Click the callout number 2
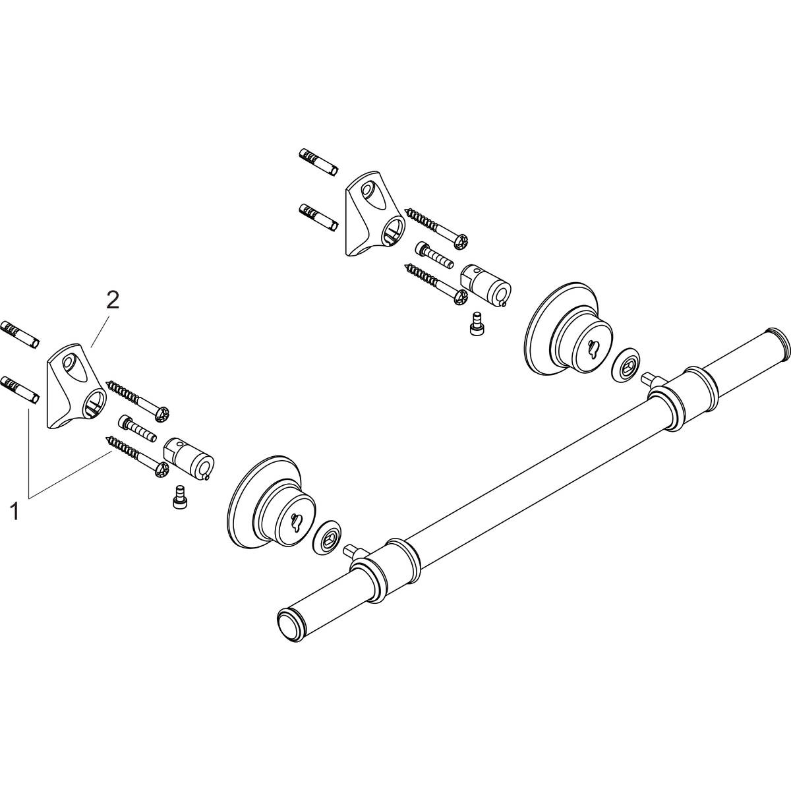113,301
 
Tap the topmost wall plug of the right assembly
318,161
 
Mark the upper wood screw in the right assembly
438,228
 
